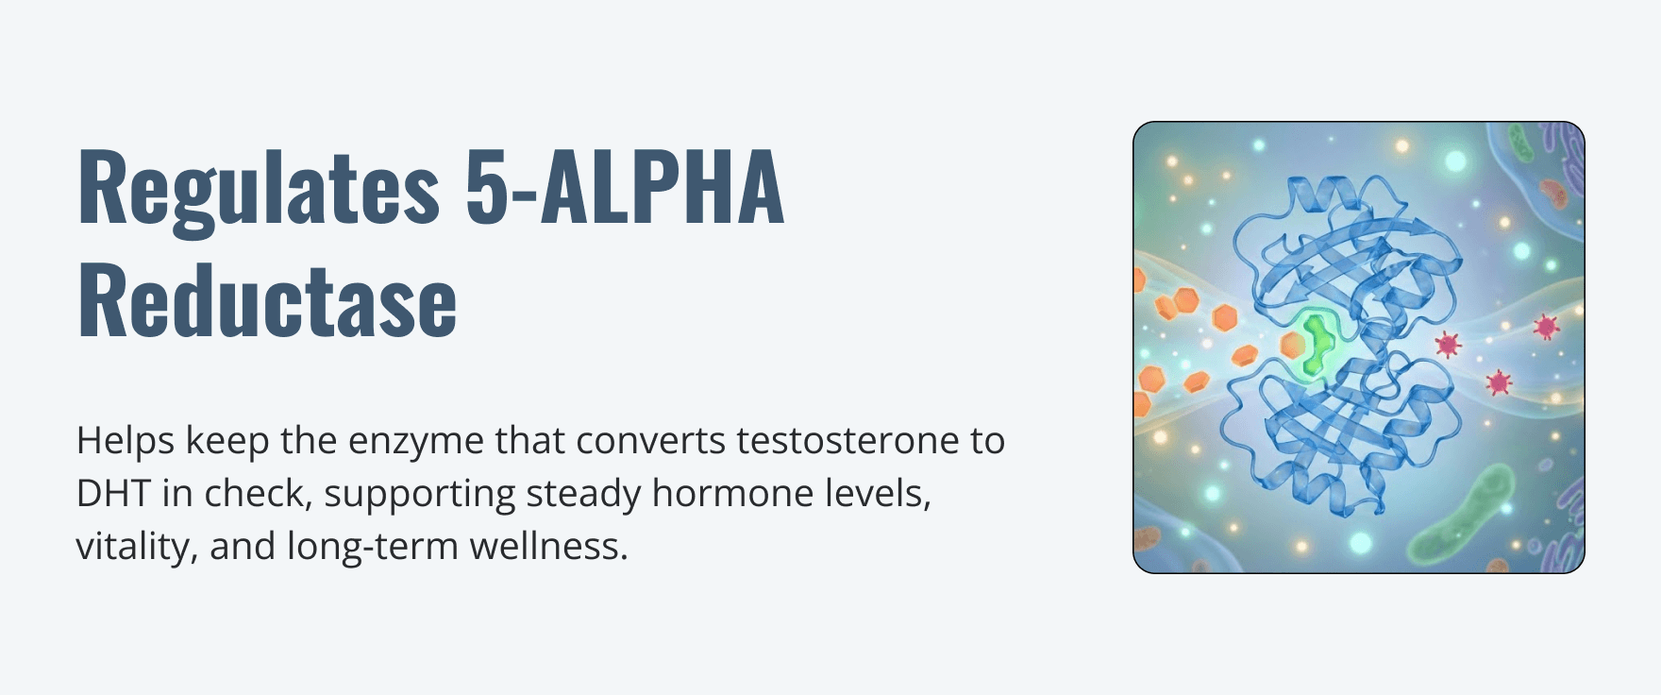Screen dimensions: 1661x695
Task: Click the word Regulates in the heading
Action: (x=258, y=189)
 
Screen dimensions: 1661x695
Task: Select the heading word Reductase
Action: (x=267, y=299)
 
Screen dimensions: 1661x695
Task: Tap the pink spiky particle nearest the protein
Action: (x=1447, y=343)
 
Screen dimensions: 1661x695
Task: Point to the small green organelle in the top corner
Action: (x=1521, y=143)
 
